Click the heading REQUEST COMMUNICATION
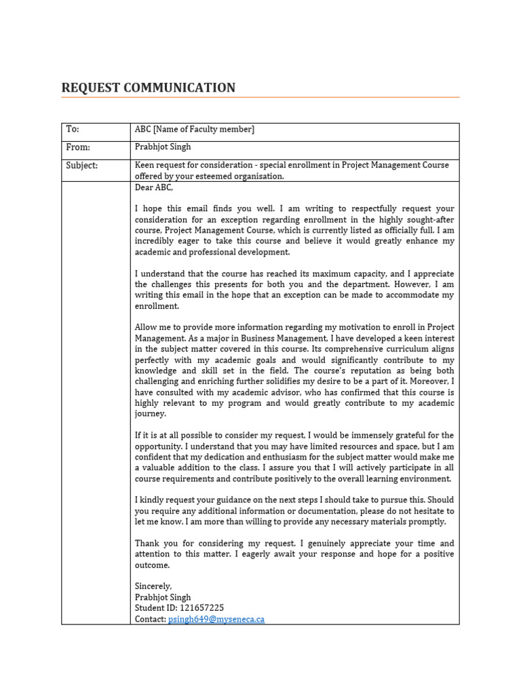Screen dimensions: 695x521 (149, 88)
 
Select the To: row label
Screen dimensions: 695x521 (73, 129)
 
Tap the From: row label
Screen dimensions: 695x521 (78, 147)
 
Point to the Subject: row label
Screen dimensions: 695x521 (81, 166)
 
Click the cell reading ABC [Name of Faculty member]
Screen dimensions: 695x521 (195, 129)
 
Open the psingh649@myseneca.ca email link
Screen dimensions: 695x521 (216, 620)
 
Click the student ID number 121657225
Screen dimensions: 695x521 (201, 608)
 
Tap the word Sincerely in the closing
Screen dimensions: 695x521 (153, 586)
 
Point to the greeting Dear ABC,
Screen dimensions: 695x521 (154, 187)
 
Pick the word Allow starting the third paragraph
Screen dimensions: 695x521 (147, 327)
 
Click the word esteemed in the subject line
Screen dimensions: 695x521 (216, 176)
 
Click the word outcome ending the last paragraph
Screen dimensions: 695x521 (153, 565)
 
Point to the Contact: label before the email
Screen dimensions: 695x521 (151, 620)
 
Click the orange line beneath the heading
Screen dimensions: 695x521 (260, 98)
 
